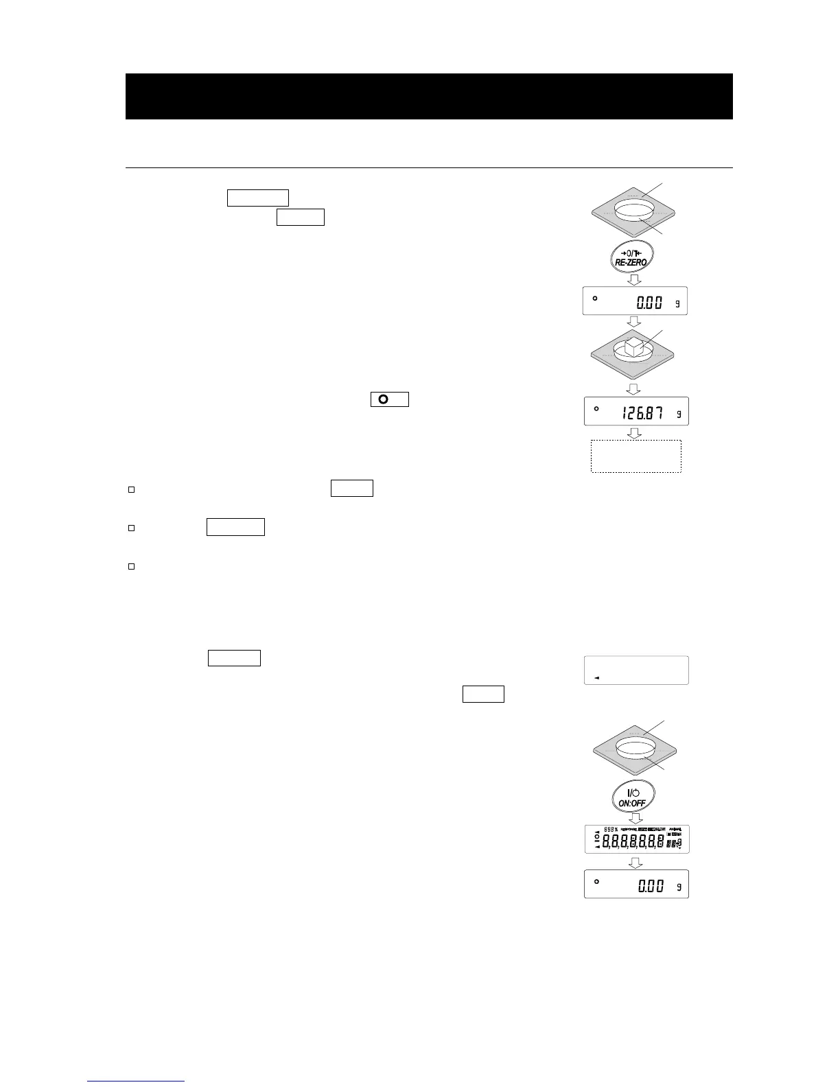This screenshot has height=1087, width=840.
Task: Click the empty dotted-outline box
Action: coord(635,456)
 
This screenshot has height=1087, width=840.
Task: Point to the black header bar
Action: coord(429,96)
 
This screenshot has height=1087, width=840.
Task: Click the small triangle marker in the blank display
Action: coord(596,677)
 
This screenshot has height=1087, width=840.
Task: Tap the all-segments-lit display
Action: coord(636,839)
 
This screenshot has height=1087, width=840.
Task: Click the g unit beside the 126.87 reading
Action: coord(677,414)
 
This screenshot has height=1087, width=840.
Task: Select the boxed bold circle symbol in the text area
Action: coord(389,399)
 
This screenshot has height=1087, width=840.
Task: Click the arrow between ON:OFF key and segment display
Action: coord(636,818)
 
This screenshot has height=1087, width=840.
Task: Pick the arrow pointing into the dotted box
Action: coord(635,433)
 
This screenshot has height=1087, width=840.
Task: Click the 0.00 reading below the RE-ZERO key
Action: coord(649,303)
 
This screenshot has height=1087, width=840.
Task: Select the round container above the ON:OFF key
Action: coord(635,749)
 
